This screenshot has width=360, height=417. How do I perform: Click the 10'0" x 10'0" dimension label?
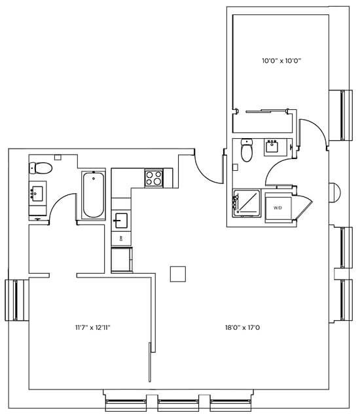[x=281, y=61]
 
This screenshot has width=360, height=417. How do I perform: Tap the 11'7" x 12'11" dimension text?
[x=93, y=327]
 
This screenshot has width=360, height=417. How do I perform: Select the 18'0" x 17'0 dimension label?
[x=242, y=327]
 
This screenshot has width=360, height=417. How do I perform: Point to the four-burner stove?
[x=154, y=178]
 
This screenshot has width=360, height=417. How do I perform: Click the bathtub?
[x=94, y=195]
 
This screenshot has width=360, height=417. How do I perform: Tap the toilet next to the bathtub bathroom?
[x=41, y=168]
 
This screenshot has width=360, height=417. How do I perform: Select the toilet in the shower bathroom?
[x=247, y=150]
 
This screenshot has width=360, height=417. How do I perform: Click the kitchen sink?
[x=120, y=221]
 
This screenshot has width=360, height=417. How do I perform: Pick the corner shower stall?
[x=247, y=204]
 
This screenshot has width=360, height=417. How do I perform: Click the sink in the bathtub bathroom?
[x=37, y=193]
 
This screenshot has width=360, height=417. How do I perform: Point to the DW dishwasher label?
[x=121, y=238]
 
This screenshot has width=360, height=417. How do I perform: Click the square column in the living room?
[x=178, y=274]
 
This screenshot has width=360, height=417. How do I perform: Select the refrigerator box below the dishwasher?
[x=122, y=259]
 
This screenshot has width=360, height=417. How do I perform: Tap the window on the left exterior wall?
[x=17, y=300]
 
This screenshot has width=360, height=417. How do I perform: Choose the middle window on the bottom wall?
[x=178, y=404]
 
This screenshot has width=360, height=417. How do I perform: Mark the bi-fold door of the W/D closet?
[x=302, y=207]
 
